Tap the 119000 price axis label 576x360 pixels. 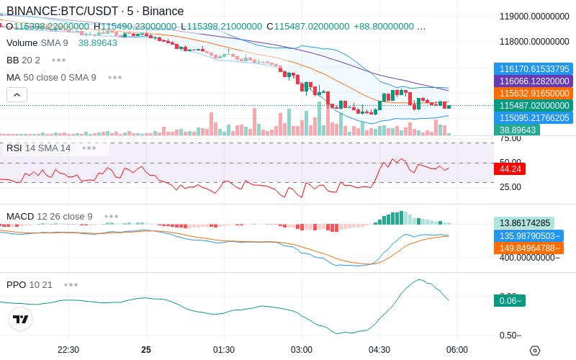pos(534,16)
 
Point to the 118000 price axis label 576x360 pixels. pos(534,42)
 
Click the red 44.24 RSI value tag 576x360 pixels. pos(509,169)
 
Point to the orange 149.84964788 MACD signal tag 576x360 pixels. pos(528,248)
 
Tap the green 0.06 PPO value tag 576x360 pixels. pos(509,301)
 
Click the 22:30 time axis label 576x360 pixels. pos(68,350)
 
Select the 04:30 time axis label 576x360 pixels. pos(379,350)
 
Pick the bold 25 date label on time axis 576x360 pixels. pos(146,350)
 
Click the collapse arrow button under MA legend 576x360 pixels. pos(17,94)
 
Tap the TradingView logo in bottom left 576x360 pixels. pos(21,319)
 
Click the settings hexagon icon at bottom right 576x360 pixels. pos(535,351)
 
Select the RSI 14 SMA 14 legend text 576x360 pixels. pos(39,148)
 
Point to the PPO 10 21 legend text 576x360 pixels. pos(30,284)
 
